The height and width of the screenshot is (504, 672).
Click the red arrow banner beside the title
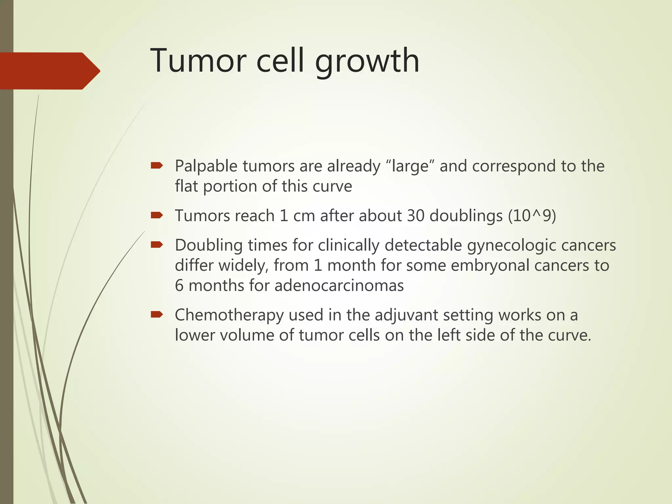49,71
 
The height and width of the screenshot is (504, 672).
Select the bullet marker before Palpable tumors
157,166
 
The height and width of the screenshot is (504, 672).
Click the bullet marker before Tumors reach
157,215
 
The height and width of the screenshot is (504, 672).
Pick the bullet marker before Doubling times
157,245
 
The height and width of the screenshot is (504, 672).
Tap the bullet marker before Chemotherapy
157,315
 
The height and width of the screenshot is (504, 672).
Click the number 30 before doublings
416,216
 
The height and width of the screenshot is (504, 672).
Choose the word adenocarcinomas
339,285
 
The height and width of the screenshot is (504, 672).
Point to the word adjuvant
406,316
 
